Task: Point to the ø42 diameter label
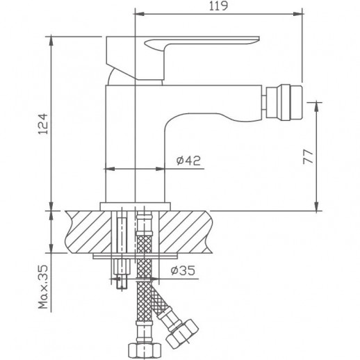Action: click(x=188, y=161)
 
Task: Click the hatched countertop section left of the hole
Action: click(x=87, y=231)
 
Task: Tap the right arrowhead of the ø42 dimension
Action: click(x=165, y=168)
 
